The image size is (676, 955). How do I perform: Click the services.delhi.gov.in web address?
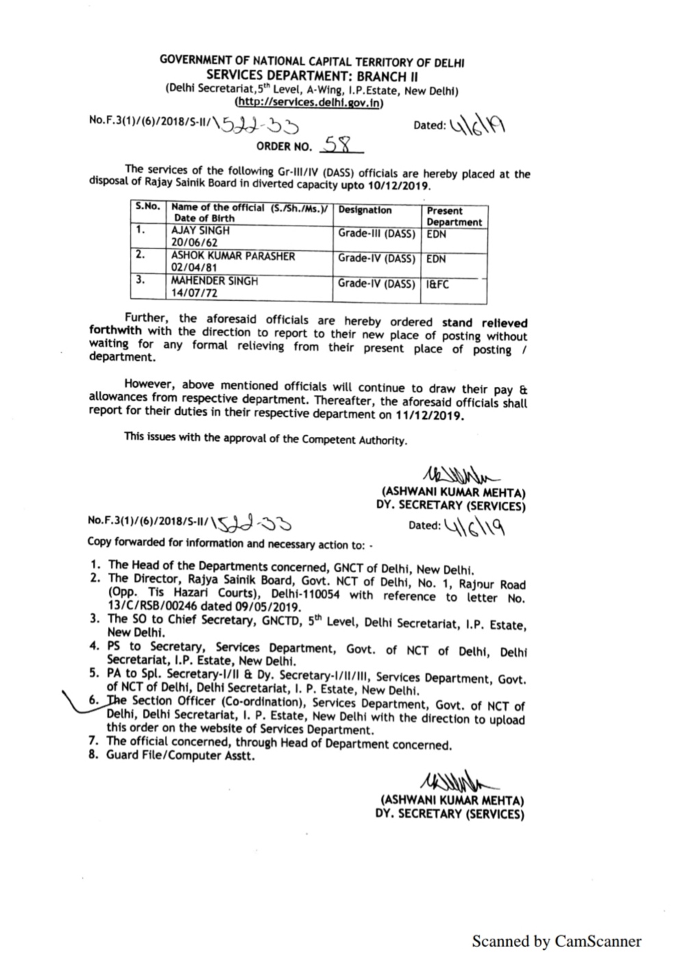click(309, 103)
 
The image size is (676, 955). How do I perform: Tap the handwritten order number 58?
click(338, 145)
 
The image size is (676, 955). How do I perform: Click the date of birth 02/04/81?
click(192, 268)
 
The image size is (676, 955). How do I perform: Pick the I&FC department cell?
click(438, 284)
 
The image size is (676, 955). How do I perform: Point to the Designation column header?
click(365, 211)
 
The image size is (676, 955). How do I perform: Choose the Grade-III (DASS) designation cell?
click(376, 234)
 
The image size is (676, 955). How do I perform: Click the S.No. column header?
click(147, 206)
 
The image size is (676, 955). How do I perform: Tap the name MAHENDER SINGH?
click(214, 281)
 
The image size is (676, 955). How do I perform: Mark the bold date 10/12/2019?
click(399, 187)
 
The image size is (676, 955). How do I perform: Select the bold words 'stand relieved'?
click(484, 322)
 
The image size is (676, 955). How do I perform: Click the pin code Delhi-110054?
click(307, 595)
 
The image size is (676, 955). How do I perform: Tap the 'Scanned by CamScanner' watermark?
click(556, 941)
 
